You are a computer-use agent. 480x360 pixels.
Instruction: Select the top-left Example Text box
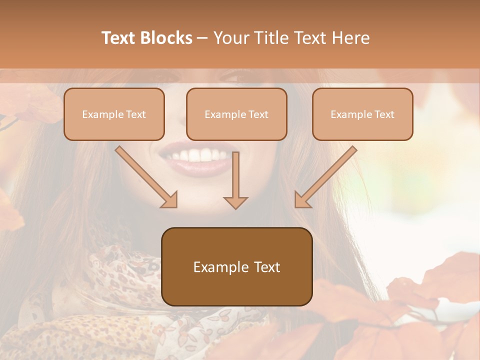tap(114, 114)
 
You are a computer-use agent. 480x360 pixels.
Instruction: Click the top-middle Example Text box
tap(236, 114)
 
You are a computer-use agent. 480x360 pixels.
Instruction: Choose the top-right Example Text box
tap(362, 114)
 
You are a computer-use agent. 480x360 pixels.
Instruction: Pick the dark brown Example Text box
tap(236, 267)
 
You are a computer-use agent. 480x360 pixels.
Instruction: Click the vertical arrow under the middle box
tap(235, 180)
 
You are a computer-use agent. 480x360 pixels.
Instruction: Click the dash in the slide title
tap(202, 38)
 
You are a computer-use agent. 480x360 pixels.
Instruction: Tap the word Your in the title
tap(229, 38)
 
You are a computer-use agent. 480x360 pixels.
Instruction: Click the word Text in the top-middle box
tap(258, 114)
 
